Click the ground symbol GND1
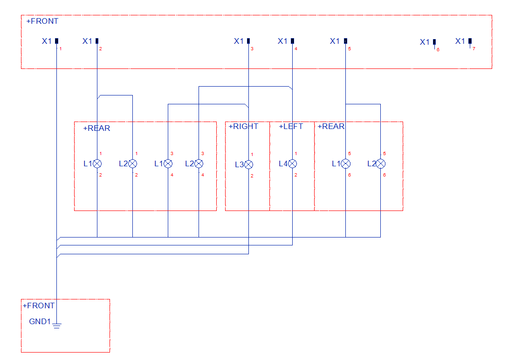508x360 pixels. pyautogui.click(x=57, y=325)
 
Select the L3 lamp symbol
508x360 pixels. pyautogui.click(x=249, y=164)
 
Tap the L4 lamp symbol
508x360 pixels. pyautogui.click(x=292, y=164)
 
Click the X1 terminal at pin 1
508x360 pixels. pyautogui.click(x=56, y=41)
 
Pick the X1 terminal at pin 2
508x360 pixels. pyautogui.click(x=97, y=41)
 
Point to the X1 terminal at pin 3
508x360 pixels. pyautogui.click(x=248, y=41)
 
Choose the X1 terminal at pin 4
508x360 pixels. pyautogui.click(x=292, y=41)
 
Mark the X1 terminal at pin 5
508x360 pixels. pyautogui.click(x=345, y=41)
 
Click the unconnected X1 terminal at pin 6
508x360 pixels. pyautogui.click(x=434, y=42)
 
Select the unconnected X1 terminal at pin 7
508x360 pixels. pyautogui.click(x=470, y=41)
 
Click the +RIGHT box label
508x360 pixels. pyautogui.click(x=243, y=126)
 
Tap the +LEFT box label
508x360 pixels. pyautogui.click(x=291, y=126)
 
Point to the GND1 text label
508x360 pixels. pyautogui.click(x=40, y=321)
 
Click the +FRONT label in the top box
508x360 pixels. pyautogui.click(x=42, y=21)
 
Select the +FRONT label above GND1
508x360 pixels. pyautogui.click(x=39, y=306)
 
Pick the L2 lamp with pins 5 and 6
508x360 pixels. pyautogui.click(x=380, y=164)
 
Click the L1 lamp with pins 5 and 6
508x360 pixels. pyautogui.click(x=345, y=164)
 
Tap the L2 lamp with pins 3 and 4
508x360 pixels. pyautogui.click(x=199, y=164)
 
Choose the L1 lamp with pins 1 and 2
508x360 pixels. pyautogui.click(x=97, y=164)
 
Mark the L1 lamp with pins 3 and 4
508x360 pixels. pyautogui.click(x=168, y=164)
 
